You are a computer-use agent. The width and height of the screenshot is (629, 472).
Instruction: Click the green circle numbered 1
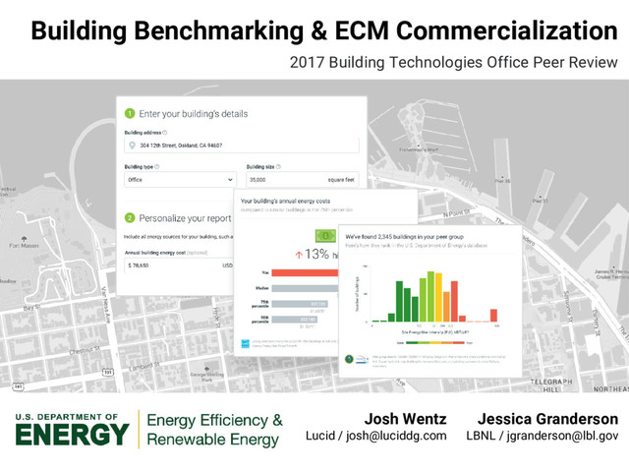click(129, 113)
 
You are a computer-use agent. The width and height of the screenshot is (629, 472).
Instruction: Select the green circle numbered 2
click(129, 217)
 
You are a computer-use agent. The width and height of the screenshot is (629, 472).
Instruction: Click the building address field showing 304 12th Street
click(240, 146)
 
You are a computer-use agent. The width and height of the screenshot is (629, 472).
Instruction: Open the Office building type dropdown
click(179, 180)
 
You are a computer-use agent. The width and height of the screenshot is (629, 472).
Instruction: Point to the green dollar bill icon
click(324, 236)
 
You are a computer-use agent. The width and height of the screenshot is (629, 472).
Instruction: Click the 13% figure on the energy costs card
click(316, 254)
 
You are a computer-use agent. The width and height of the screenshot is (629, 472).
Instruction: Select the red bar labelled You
click(305, 272)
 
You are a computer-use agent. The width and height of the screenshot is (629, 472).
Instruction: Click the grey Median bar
click(305, 288)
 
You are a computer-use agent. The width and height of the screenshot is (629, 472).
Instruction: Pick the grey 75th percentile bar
click(305, 304)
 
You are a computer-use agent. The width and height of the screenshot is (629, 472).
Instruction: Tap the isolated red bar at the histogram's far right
click(496, 320)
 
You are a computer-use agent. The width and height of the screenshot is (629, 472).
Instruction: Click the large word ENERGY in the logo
click(72, 434)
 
